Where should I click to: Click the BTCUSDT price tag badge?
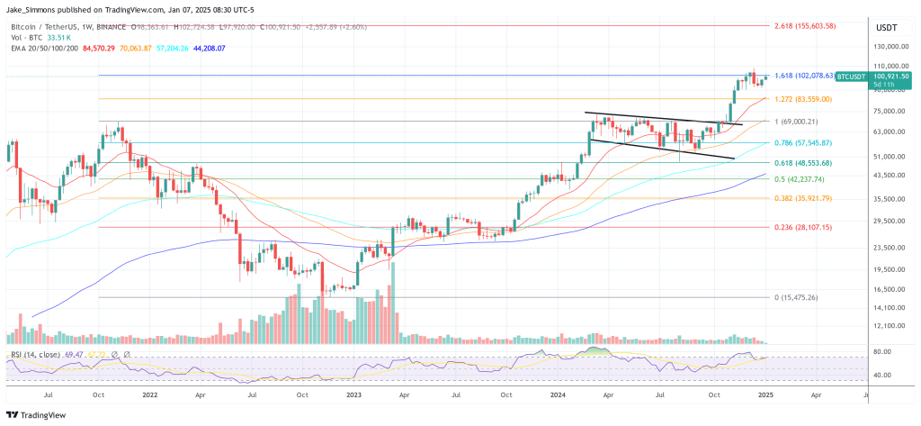pyautogui.click(x=849, y=78)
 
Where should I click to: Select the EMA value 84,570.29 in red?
pyautogui.click(x=100, y=48)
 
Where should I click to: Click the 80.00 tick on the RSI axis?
pyautogui.click(x=882, y=351)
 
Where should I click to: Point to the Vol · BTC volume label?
pyautogui.click(x=27, y=38)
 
